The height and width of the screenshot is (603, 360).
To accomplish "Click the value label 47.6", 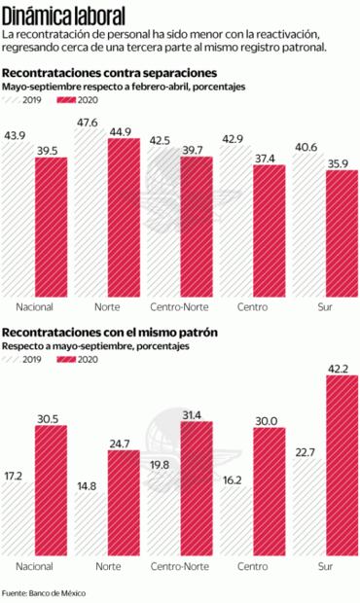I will (90, 122).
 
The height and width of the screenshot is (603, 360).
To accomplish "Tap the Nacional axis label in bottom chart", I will (35, 566).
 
